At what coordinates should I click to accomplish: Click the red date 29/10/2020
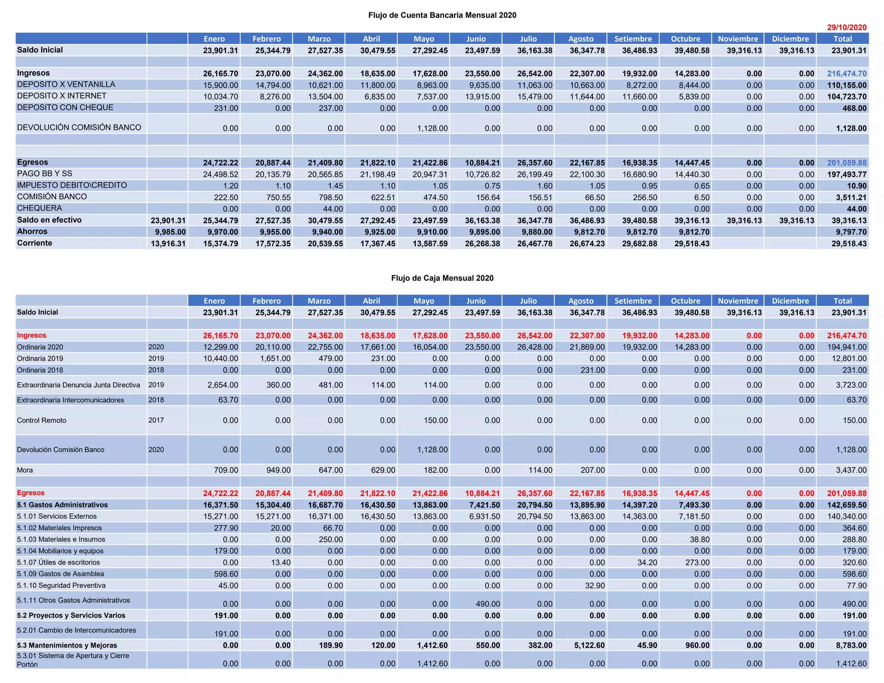click(x=846, y=27)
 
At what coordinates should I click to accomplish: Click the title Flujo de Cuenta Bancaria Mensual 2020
click(x=442, y=16)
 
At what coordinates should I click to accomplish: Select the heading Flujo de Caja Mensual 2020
click(x=442, y=278)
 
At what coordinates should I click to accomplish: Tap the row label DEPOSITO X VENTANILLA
click(x=66, y=85)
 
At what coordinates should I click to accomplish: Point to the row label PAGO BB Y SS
click(x=44, y=174)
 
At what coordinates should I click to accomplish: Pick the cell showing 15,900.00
click(x=221, y=85)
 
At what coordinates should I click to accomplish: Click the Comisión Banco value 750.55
click(x=276, y=197)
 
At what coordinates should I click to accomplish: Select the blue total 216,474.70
click(x=846, y=74)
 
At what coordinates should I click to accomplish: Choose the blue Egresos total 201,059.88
click(x=846, y=163)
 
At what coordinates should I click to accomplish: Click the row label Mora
click(x=25, y=470)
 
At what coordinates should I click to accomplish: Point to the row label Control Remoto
click(x=41, y=420)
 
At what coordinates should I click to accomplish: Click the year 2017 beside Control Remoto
click(x=156, y=420)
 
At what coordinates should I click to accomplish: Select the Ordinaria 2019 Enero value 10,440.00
click(x=221, y=358)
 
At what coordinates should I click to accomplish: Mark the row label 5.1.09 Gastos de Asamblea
click(x=60, y=574)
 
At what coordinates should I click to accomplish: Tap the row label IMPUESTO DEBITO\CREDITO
click(x=72, y=185)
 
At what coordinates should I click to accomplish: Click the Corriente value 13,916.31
click(x=168, y=243)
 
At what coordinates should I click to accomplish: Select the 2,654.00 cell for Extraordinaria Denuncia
click(x=224, y=385)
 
